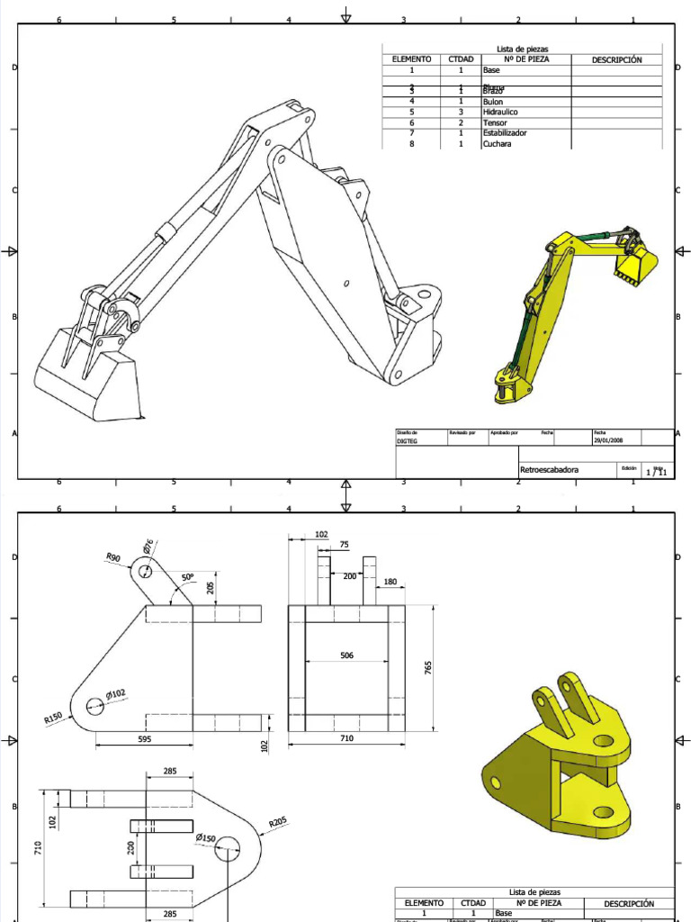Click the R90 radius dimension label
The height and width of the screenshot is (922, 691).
[x=112, y=558]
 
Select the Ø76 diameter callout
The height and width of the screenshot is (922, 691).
[x=148, y=547]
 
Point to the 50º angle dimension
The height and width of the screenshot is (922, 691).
[x=187, y=576]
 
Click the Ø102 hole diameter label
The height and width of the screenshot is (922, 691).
[x=115, y=693]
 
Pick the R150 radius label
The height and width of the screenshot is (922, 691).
[x=55, y=719]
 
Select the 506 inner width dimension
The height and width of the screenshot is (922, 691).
[x=346, y=655]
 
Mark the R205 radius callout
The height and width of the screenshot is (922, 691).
[x=277, y=821]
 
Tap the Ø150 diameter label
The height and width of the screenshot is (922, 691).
[x=207, y=837]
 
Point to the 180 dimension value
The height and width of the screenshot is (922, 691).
[x=390, y=582]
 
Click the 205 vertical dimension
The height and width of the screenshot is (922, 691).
[x=211, y=587]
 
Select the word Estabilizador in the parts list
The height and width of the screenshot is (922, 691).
[x=505, y=133]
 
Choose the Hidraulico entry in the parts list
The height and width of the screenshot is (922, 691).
[x=500, y=112]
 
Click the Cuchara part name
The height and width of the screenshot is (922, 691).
[x=497, y=144]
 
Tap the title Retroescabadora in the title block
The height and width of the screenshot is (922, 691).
[x=550, y=470]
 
